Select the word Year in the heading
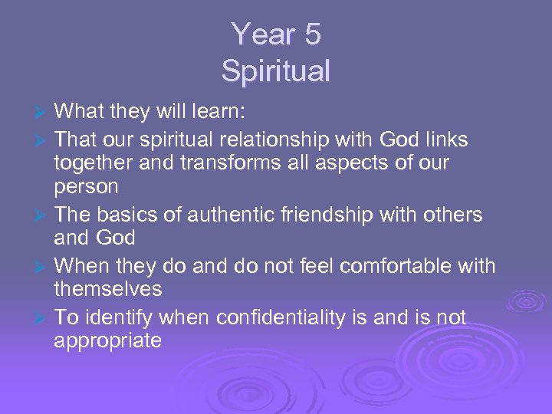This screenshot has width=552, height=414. point(261,35)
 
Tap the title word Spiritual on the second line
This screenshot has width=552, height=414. point(276,71)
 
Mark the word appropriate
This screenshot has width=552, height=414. point(107,341)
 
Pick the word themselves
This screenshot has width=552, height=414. point(108,289)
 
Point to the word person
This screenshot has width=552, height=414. point(86,186)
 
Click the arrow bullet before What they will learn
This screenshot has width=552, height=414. point(43,113)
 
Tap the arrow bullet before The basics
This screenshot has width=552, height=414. point(43,216)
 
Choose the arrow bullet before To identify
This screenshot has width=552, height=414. point(43,318)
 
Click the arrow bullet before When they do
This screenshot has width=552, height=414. point(43,267)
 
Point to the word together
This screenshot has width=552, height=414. point(95,163)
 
